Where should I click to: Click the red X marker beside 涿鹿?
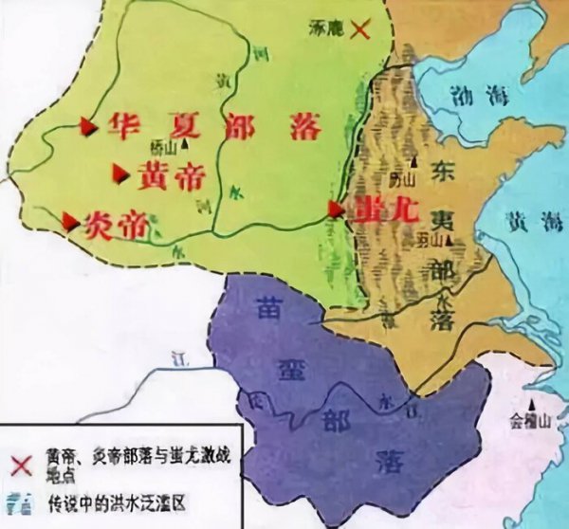(359, 29)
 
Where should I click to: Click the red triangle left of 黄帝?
(120, 172)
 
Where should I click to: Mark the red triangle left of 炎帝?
(70, 222)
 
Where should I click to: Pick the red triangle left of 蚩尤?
(335, 208)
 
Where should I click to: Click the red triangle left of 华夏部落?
(88, 124)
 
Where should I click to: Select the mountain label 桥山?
(164, 145)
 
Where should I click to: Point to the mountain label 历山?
(405, 178)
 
